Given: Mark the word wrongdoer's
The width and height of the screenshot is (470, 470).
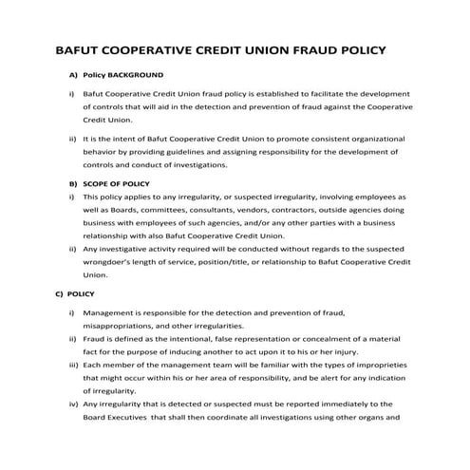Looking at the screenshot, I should pos(113,261).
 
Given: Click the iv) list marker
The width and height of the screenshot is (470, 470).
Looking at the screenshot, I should pos(72,404).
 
